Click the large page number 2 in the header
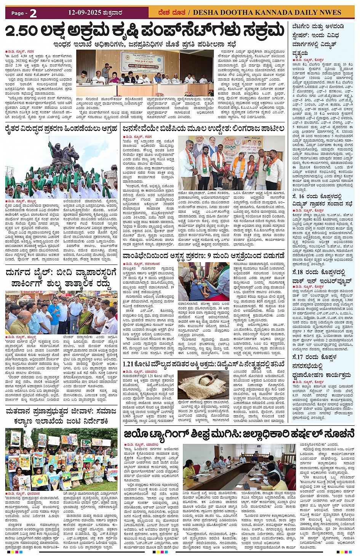(x=33, y=13)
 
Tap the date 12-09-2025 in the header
(x=85, y=13)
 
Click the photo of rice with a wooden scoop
(x=203, y=385)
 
